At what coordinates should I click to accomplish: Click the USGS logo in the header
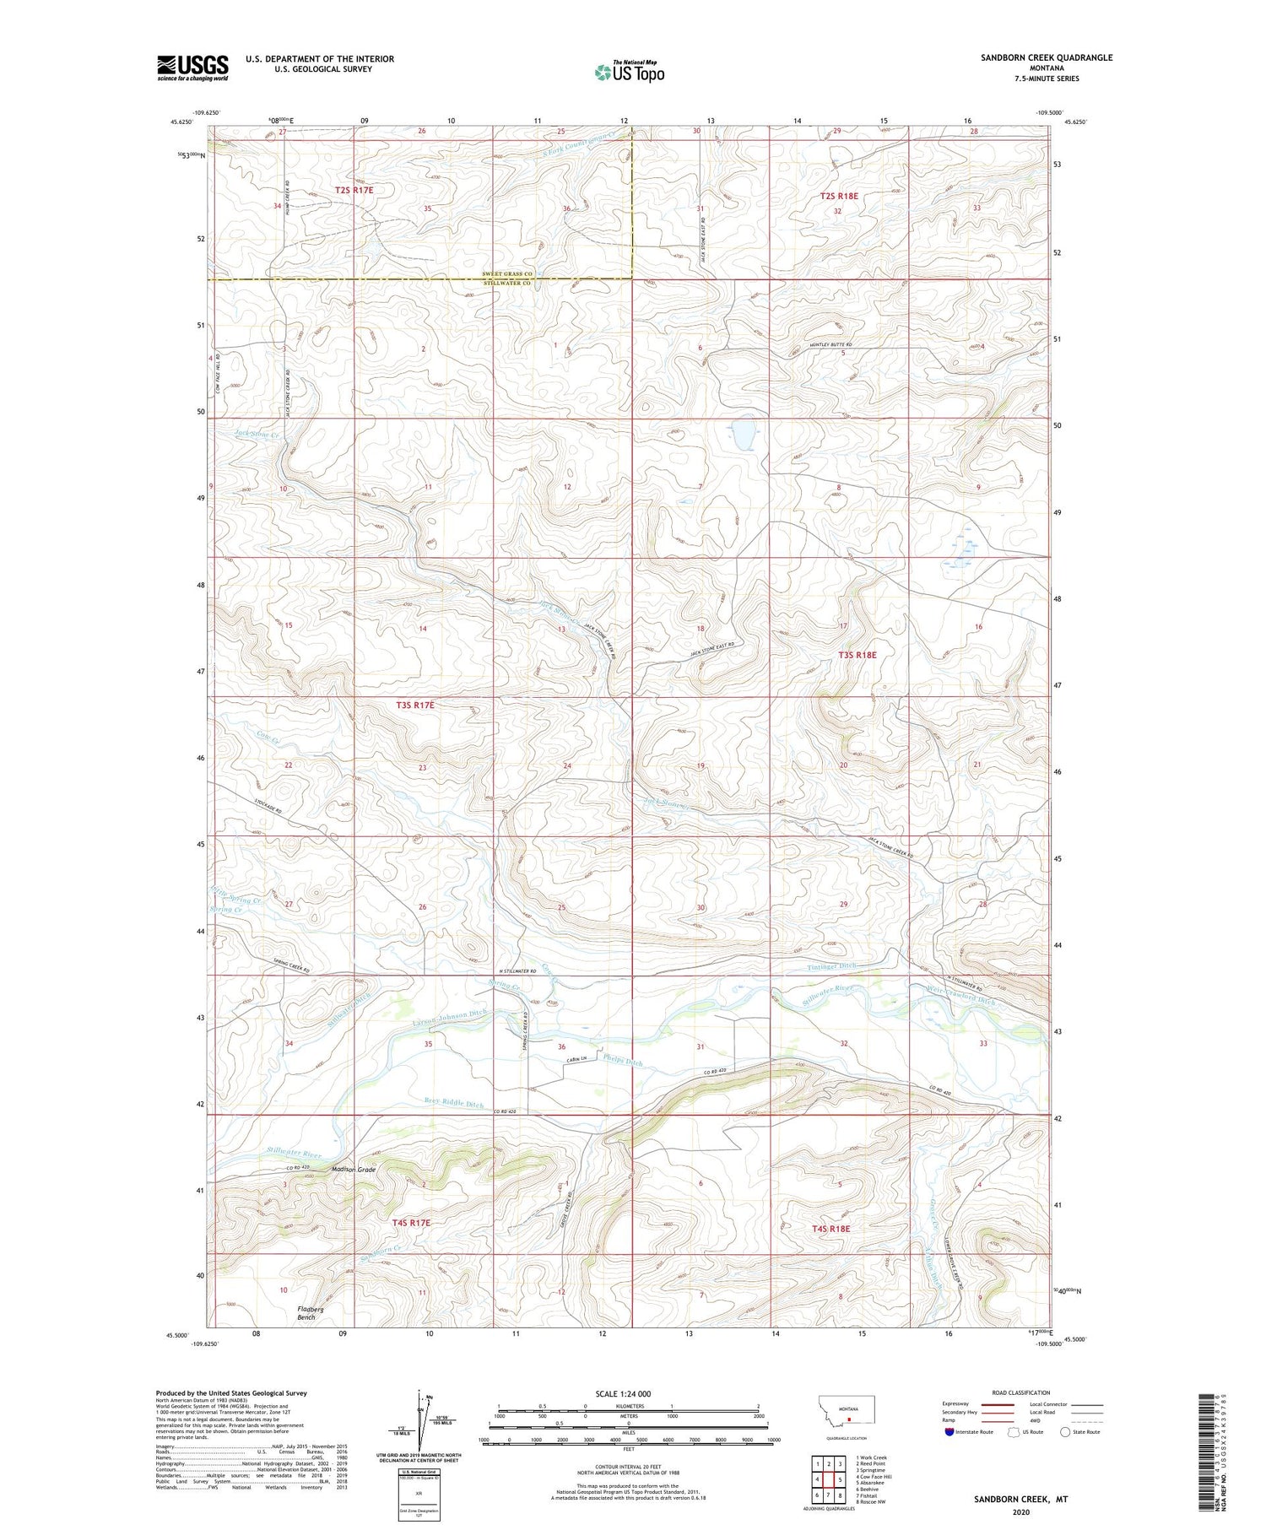[192, 68]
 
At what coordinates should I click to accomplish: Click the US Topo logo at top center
[629, 73]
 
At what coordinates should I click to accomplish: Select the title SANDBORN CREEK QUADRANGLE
[1034, 57]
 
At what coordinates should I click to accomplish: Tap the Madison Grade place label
[354, 1170]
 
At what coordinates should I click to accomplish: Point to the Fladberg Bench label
[310, 1313]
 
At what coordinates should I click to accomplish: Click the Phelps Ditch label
[623, 1061]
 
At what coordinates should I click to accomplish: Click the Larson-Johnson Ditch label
[449, 1018]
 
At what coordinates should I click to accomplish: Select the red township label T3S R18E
[857, 655]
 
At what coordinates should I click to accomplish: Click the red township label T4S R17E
[411, 1223]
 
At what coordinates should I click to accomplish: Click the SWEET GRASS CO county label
[506, 274]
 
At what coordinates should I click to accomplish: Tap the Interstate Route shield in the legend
[949, 1431]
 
